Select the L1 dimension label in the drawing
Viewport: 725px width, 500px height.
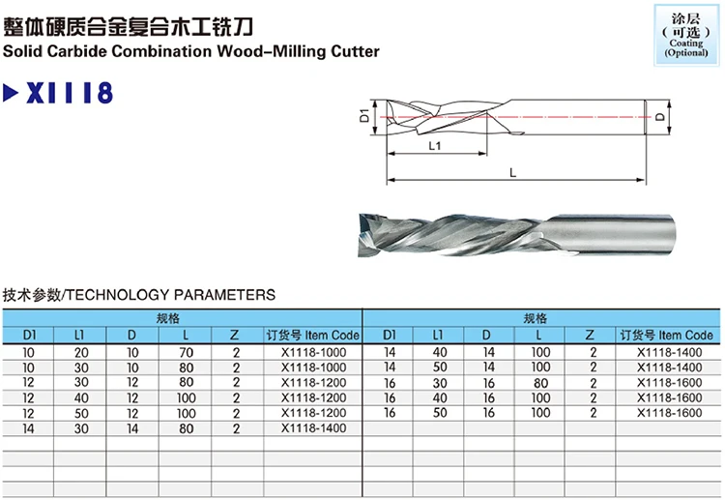(434, 147)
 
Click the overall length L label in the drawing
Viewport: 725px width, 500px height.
(512, 171)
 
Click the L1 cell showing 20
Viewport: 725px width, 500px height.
(80, 352)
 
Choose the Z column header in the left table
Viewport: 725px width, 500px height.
(235, 336)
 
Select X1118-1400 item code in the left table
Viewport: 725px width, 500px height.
(312, 426)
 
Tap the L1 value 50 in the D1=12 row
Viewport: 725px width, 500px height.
(80, 412)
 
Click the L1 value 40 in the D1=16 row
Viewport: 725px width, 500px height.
(440, 397)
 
